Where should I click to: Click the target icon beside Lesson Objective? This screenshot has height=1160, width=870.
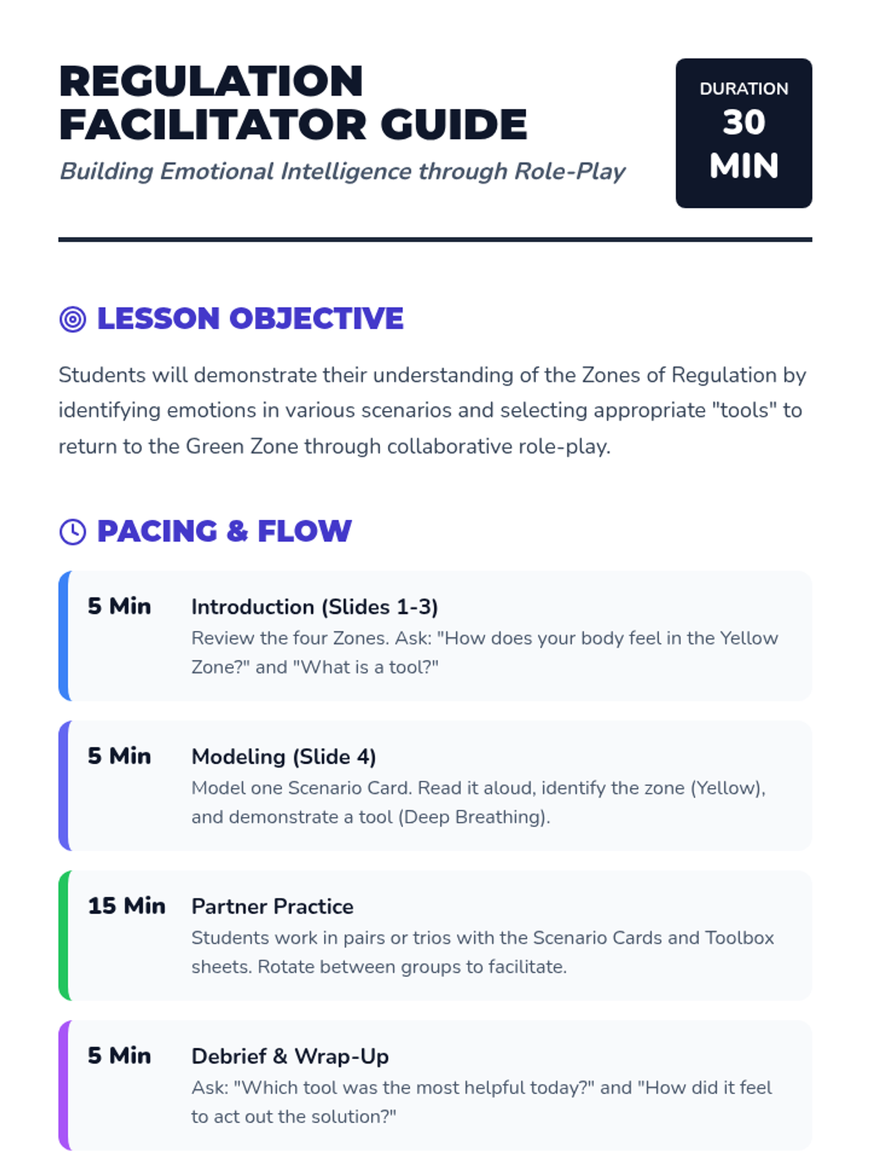pos(72,319)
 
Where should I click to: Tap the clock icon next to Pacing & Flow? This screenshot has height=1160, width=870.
pos(72,531)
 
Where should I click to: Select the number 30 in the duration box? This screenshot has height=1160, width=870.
pos(744,123)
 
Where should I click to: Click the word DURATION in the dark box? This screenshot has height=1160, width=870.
pos(744,89)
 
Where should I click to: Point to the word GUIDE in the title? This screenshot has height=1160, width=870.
pos(454,124)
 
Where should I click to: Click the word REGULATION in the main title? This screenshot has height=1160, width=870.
pos(211,80)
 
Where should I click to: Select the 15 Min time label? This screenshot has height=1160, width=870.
pos(127,906)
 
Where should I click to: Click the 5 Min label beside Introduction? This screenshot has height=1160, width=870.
pos(120,606)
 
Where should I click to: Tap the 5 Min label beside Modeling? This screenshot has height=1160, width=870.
pos(120,756)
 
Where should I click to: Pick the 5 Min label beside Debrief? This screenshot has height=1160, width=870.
pos(120,1056)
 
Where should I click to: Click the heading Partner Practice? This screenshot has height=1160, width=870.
pos(273,906)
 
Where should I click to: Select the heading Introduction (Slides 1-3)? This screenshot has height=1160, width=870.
pos(315,607)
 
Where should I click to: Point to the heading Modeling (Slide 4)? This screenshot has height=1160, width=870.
pos(283,757)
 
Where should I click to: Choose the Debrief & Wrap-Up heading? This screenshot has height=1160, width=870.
pos(290,1056)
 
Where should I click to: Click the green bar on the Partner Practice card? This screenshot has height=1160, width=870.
pos(64,935)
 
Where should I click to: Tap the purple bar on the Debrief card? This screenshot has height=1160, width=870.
pos(64,1085)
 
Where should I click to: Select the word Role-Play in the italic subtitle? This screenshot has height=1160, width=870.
pos(570,172)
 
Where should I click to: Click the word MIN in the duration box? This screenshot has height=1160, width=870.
pos(744,166)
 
